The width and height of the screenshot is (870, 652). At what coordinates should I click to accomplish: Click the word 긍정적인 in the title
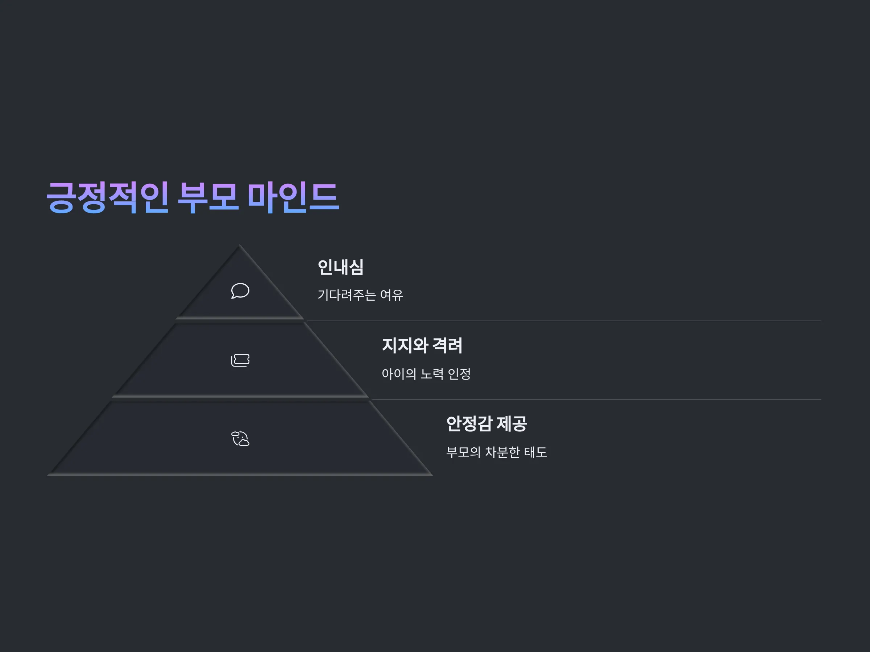click(x=107, y=197)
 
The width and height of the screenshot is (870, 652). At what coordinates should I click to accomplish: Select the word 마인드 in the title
click(x=293, y=197)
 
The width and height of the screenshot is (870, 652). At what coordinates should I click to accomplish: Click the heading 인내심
click(x=341, y=267)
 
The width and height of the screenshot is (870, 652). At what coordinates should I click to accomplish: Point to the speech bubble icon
click(x=240, y=291)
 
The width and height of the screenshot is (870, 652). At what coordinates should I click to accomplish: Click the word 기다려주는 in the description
click(x=347, y=295)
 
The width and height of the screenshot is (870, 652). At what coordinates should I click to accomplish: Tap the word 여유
click(x=391, y=295)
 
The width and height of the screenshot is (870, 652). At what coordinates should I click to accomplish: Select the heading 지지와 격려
click(x=422, y=346)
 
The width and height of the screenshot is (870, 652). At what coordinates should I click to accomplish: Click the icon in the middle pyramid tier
click(x=240, y=360)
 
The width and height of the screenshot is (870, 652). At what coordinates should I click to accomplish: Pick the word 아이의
click(x=399, y=374)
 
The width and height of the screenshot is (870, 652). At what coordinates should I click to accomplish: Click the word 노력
click(x=432, y=374)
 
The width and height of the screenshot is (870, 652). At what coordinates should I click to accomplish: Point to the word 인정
click(x=459, y=374)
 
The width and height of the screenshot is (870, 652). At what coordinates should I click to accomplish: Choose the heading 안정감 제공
click(x=486, y=424)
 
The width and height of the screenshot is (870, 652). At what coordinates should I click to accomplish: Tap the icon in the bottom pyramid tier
click(x=240, y=439)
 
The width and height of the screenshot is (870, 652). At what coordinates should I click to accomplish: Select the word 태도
click(x=535, y=452)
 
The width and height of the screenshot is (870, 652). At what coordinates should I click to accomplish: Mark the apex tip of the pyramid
click(x=240, y=245)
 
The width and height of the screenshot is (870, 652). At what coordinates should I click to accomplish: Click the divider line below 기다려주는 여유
click(x=564, y=321)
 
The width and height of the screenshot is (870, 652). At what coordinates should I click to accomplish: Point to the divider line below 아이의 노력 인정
click(x=596, y=399)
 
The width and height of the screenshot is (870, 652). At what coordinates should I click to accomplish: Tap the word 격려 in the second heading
click(x=447, y=346)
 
